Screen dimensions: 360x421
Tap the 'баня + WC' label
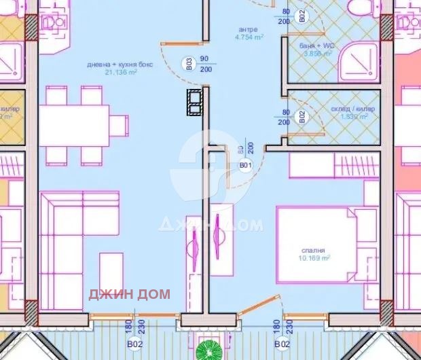coord(315,45)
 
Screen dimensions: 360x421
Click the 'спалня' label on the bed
coord(315,250)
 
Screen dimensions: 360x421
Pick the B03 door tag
coord(189,65)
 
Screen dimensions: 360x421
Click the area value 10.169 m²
coord(316,258)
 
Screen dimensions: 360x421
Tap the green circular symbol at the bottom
coord(208,351)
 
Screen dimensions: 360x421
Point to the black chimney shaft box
coord(195,102)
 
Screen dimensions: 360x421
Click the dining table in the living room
coord(74,124)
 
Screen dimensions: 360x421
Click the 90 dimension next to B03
coord(203,60)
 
